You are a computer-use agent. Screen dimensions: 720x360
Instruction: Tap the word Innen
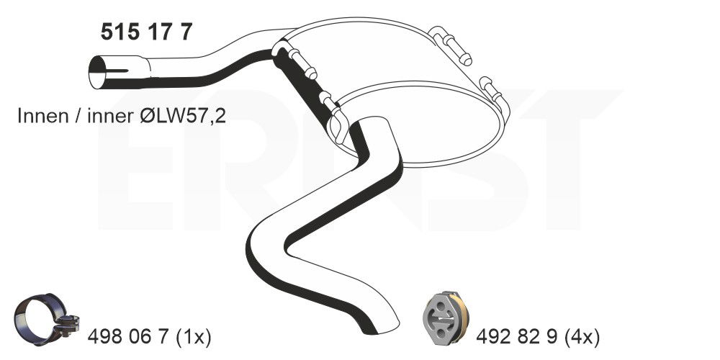(x=42, y=116)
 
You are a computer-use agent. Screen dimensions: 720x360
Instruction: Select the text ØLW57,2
(x=182, y=116)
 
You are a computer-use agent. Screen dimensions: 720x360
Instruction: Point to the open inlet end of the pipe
(x=97, y=72)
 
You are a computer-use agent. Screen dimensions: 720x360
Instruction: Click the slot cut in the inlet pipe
(x=117, y=71)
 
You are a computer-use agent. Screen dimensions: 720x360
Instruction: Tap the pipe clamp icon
(x=46, y=320)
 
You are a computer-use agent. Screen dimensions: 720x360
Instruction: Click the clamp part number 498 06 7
(x=129, y=338)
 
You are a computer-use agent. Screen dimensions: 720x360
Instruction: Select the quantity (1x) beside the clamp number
(x=193, y=338)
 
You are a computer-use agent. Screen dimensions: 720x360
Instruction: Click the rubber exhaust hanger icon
(x=446, y=317)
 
